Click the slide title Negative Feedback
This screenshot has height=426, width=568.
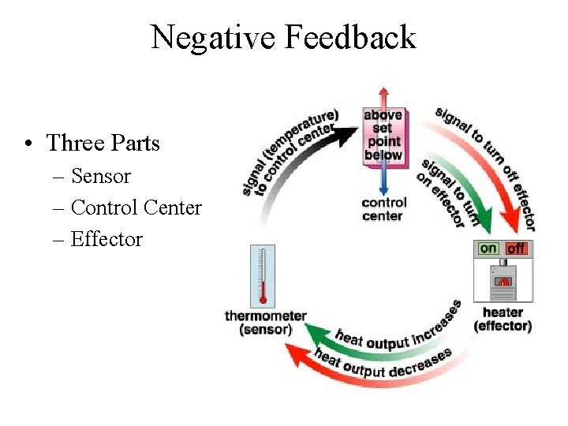coord(283,37)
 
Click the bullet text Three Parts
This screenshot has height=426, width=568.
coord(103,143)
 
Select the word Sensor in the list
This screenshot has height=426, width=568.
coord(100,176)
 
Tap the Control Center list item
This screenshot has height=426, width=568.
coord(136,207)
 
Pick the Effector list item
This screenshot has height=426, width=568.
coord(106,239)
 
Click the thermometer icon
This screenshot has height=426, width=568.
coord(263,276)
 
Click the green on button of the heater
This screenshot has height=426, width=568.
coord(489,248)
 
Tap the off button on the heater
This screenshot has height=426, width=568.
coord(516,248)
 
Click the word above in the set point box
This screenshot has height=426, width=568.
coord(383,116)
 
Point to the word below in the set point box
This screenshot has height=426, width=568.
coord(383,155)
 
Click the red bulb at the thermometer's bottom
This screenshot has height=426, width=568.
coord(263,300)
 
